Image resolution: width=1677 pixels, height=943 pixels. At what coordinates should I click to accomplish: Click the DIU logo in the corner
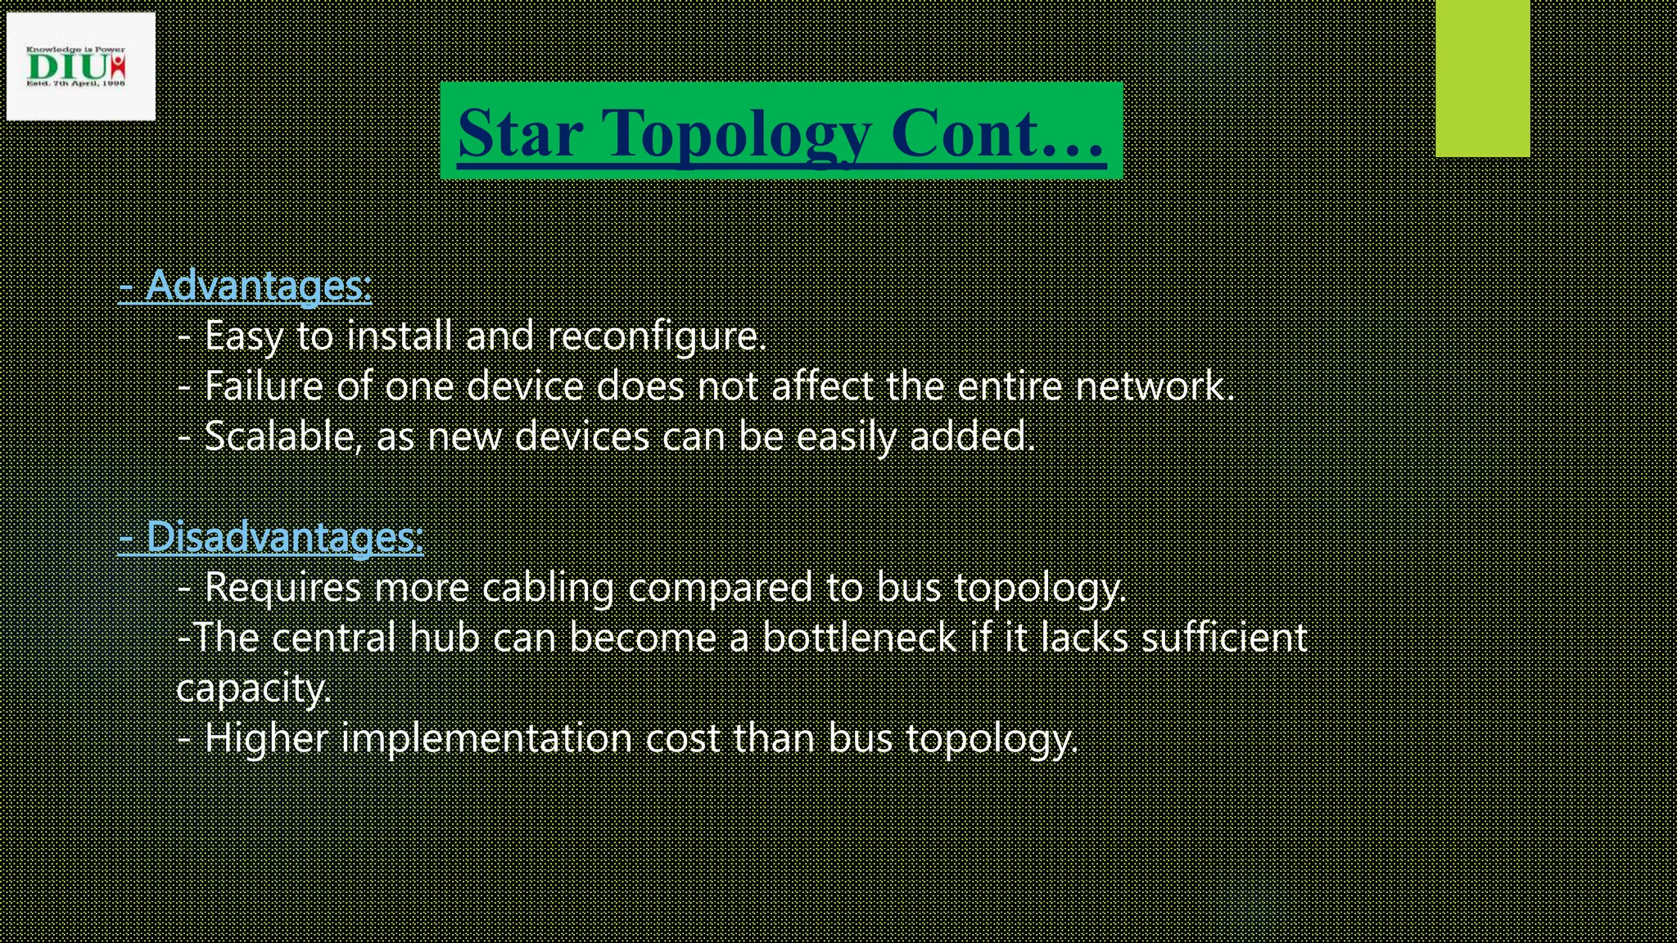[79, 66]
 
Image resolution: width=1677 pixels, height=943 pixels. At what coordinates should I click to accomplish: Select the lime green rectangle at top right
[1482, 79]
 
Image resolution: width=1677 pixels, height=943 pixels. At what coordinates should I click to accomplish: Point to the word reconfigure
[657, 336]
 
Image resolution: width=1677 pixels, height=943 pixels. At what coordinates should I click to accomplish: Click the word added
[972, 436]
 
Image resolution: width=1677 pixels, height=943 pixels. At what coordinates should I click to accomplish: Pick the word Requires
[283, 588]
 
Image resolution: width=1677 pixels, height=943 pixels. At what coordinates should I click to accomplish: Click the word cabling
[548, 588]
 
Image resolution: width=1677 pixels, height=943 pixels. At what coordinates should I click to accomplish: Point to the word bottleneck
[859, 638]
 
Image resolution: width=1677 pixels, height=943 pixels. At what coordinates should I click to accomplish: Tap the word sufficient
[1224, 638]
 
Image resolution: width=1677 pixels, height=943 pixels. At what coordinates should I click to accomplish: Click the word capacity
[253, 688]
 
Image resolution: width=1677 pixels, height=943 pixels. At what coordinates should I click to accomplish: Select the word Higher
[265, 738]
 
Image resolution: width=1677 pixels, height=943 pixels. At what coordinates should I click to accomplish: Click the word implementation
[486, 738]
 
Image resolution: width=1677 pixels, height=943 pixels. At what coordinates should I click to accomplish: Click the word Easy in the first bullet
[243, 336]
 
